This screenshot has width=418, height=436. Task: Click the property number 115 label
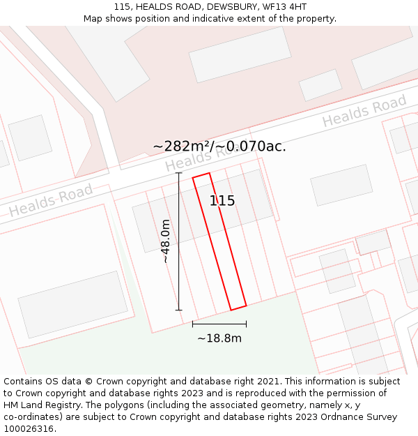(x=222, y=201)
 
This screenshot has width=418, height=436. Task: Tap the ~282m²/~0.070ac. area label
(x=219, y=146)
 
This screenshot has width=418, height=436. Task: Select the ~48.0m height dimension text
(x=166, y=241)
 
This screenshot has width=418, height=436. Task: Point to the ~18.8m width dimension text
(x=219, y=338)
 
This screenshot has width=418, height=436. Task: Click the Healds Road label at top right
(x=364, y=112)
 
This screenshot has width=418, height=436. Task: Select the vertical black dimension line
(x=179, y=241)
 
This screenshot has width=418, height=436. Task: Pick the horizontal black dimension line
(x=219, y=324)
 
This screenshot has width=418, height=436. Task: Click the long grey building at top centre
(x=240, y=54)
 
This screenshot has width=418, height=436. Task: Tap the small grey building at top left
(x=30, y=137)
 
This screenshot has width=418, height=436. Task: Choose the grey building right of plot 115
(x=341, y=185)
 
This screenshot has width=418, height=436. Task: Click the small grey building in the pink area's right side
(x=320, y=85)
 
